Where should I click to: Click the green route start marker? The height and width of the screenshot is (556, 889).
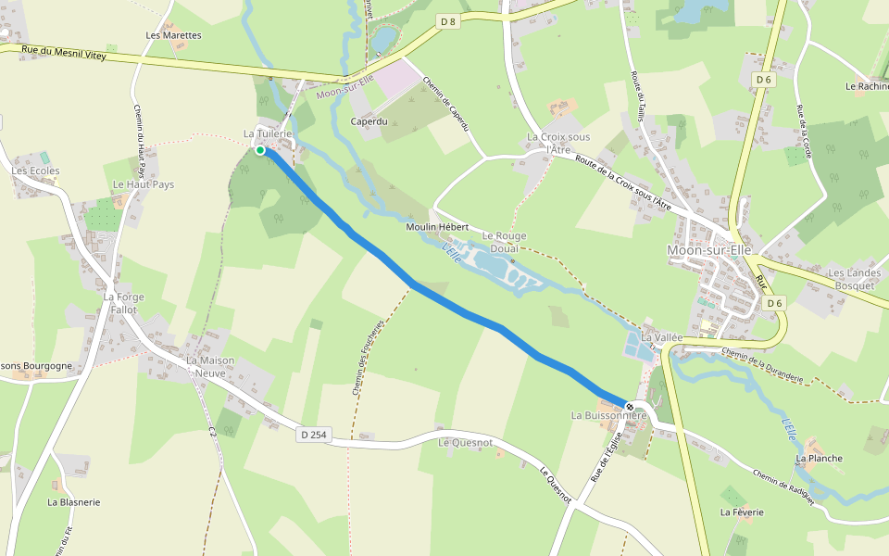260,150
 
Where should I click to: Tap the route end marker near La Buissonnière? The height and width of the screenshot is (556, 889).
630,406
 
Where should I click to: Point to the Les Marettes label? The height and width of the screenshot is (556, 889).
173,35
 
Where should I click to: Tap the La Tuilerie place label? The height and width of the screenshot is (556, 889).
268,134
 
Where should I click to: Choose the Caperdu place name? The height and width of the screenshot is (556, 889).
368,121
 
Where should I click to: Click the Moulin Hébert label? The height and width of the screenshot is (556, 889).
437,227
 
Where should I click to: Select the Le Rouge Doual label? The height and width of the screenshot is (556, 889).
504,242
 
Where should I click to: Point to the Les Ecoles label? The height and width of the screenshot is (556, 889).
35,171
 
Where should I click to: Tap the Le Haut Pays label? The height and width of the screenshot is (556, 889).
143,184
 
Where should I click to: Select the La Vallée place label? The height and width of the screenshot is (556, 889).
661,336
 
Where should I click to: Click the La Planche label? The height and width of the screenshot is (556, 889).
820,458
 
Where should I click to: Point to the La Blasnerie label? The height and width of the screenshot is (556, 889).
74,501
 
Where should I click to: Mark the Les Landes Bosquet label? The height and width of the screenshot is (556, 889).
851,279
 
